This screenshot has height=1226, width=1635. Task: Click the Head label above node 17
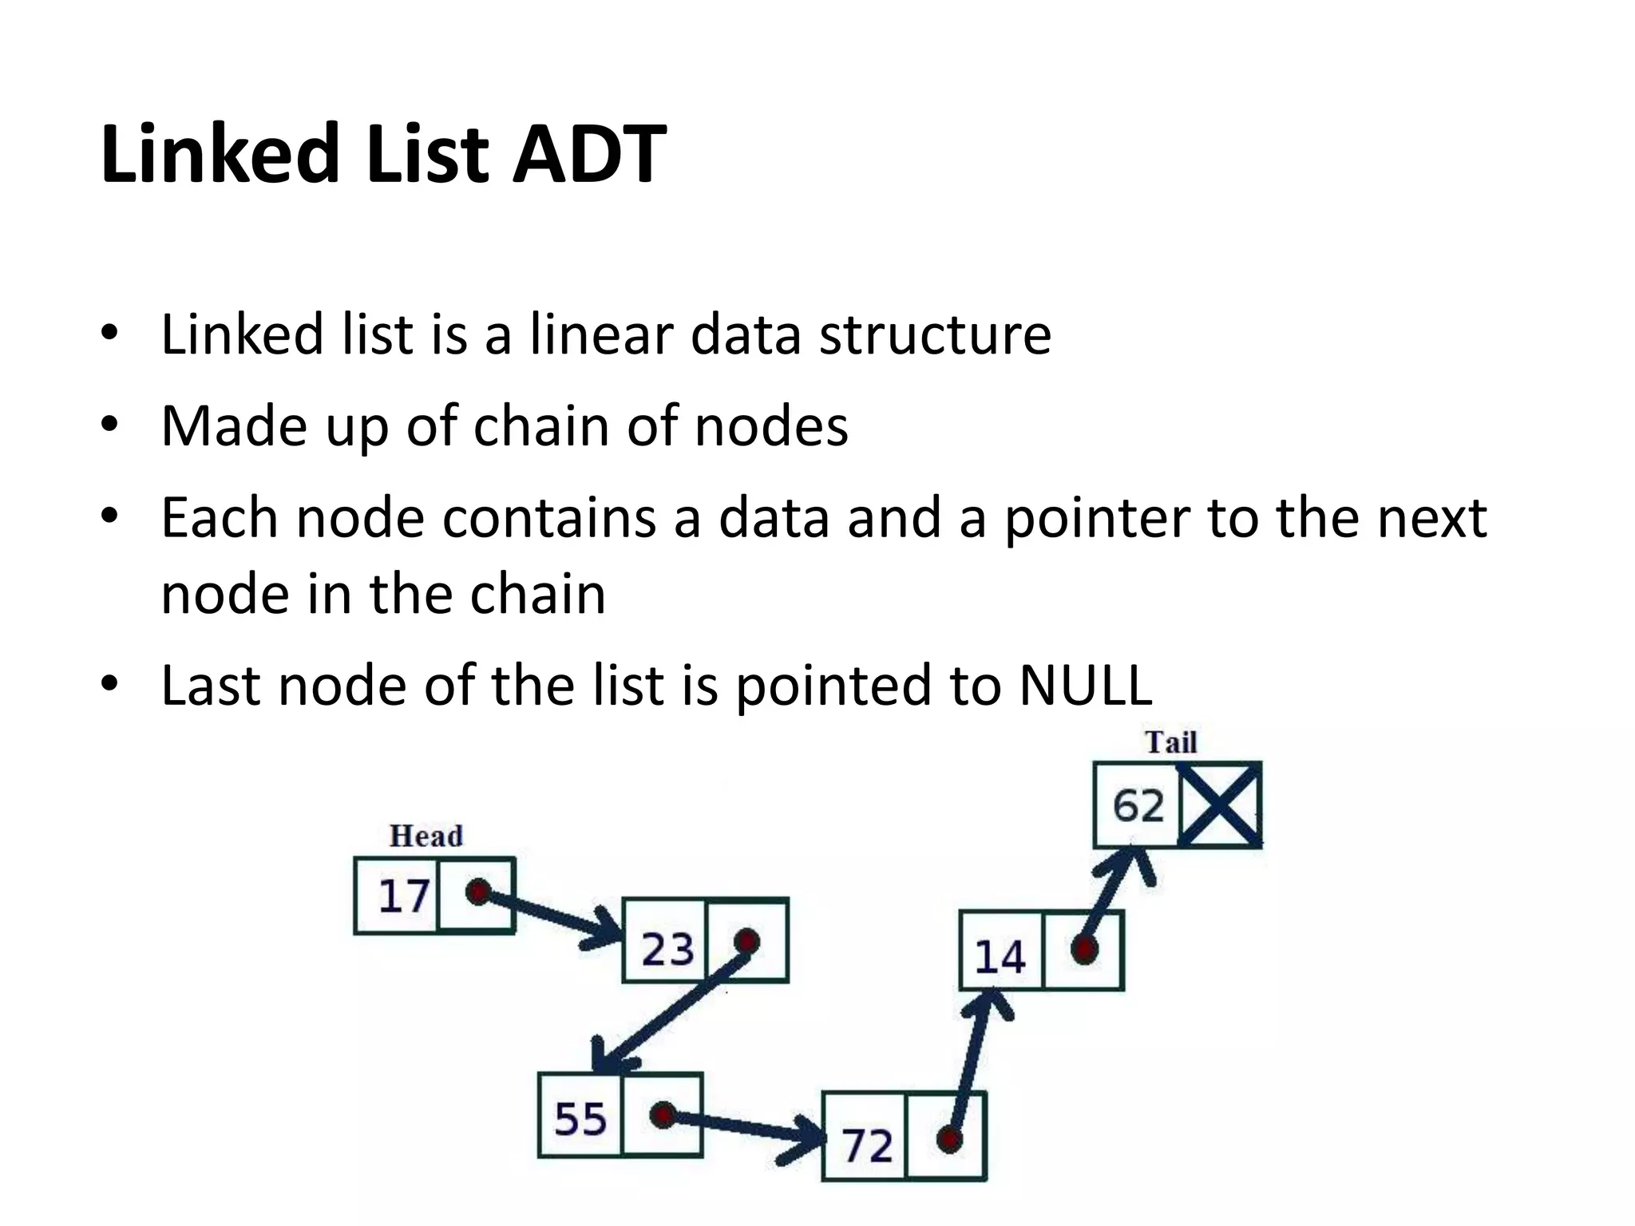pyautogui.click(x=426, y=836)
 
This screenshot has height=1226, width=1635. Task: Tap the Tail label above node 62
pyautogui.click(x=1171, y=742)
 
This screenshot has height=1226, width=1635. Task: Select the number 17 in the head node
pyautogui.click(x=404, y=896)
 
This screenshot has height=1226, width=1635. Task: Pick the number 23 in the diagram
pyautogui.click(x=667, y=949)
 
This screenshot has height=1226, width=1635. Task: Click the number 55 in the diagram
pyautogui.click(x=580, y=1118)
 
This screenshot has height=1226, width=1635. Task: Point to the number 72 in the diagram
pyautogui.click(x=868, y=1146)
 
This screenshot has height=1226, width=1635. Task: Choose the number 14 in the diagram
pyautogui.click(x=1000, y=957)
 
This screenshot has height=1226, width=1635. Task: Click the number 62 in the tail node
pyautogui.click(x=1138, y=805)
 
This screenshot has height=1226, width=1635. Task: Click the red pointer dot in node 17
pyautogui.click(x=477, y=892)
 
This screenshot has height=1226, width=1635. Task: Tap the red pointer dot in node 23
pyautogui.click(x=746, y=941)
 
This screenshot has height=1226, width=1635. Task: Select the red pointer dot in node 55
pyautogui.click(x=663, y=1114)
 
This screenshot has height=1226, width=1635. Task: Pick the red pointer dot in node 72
pyautogui.click(x=948, y=1139)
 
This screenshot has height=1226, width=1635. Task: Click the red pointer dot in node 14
pyautogui.click(x=1083, y=949)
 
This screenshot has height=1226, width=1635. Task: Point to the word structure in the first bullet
pyautogui.click(x=935, y=334)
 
